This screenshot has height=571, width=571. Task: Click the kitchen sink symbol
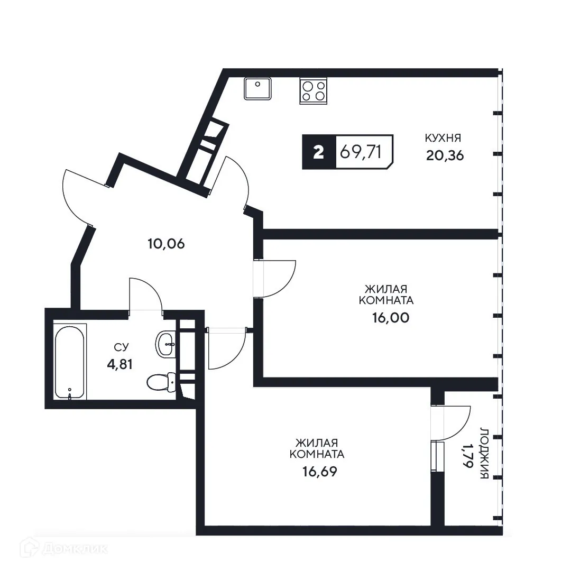257,88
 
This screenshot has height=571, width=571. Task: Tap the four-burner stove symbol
314,90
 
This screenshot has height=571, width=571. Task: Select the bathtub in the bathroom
70,361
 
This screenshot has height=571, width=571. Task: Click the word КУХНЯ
444,138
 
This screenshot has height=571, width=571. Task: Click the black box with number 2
318,152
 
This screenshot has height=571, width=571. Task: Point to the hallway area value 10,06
166,244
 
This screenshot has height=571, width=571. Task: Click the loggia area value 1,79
468,456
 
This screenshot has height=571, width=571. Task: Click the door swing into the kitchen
236,180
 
